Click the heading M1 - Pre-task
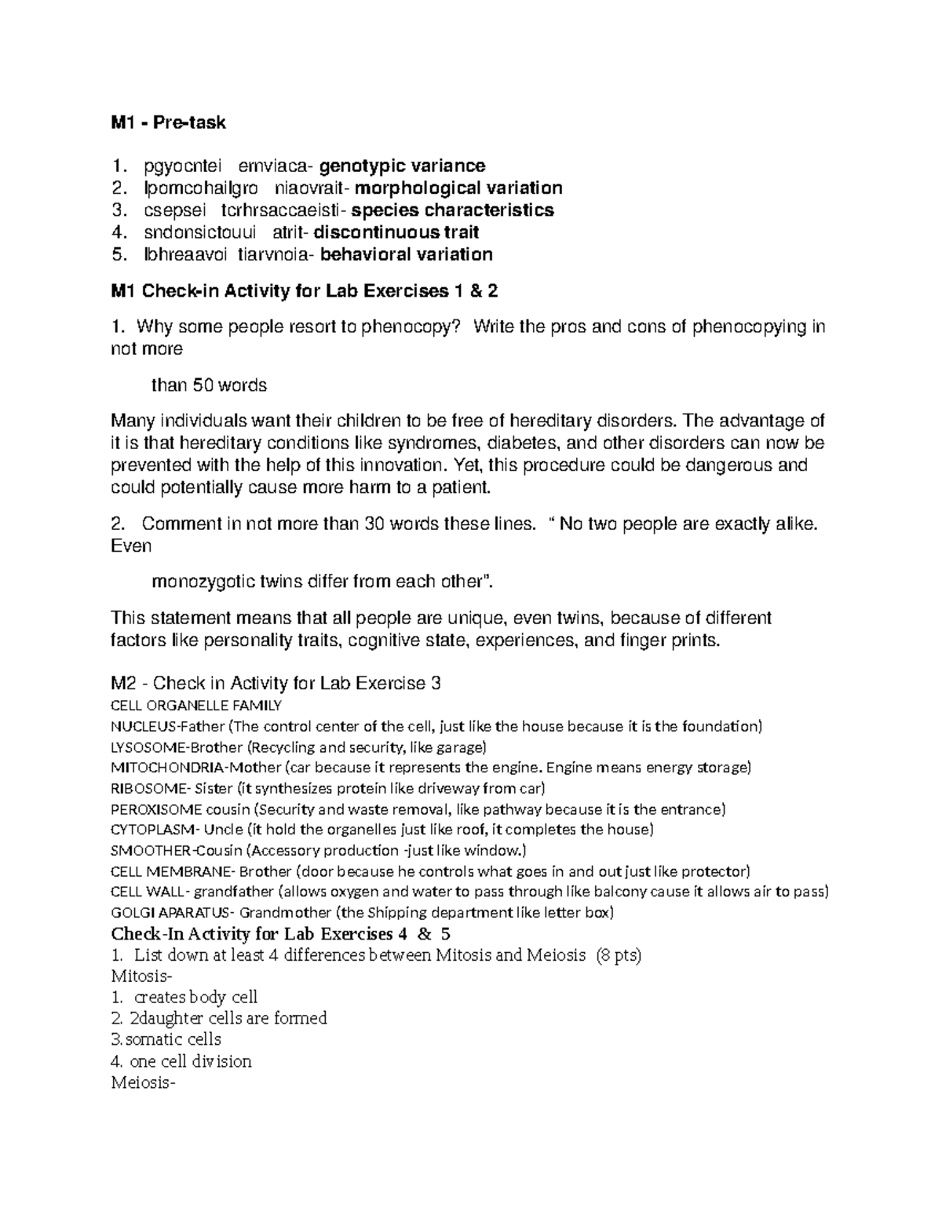(168, 122)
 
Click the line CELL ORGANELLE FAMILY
(196, 705)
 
